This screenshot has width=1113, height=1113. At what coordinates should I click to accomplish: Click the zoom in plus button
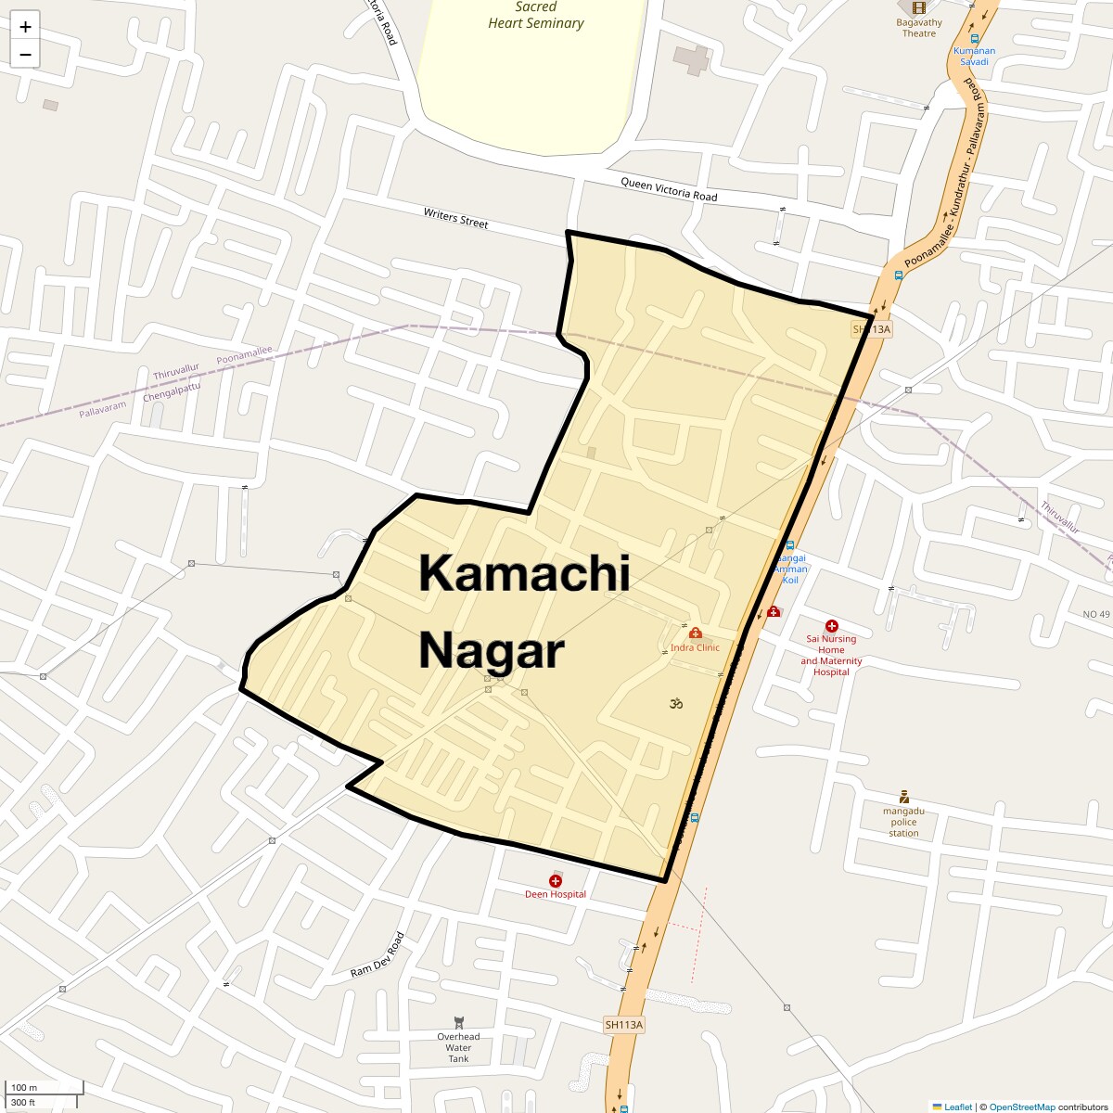[25, 26]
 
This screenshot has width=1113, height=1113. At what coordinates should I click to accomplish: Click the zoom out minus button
[25, 54]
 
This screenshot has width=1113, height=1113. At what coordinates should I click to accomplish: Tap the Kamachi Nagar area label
[524, 611]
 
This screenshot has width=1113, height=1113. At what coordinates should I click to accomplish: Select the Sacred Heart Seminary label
[536, 15]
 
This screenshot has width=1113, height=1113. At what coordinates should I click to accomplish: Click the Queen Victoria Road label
[669, 189]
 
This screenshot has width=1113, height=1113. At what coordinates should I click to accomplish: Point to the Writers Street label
[455, 218]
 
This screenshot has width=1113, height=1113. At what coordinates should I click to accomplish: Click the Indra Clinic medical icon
[695, 633]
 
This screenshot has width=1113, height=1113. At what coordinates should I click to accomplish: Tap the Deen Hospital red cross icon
[556, 880]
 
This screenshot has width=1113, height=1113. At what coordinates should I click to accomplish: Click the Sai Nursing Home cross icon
[831, 626]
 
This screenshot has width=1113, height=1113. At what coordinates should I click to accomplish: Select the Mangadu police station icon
[903, 797]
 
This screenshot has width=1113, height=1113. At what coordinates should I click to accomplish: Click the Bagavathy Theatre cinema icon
[918, 8]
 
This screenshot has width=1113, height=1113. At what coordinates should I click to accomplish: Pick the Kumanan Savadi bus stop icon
[974, 39]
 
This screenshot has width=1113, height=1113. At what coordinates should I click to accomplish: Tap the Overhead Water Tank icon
[458, 1022]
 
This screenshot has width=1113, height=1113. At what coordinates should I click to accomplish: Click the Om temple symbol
[676, 704]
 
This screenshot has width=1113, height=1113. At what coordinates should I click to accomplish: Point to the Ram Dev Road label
[377, 955]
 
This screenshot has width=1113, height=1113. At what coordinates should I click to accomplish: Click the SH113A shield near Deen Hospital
[623, 1025]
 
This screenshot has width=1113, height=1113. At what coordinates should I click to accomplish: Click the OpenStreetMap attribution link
[1021, 1107]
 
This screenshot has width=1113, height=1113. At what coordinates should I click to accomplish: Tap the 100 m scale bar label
[24, 1087]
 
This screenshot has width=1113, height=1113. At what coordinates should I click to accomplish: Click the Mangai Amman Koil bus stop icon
[789, 545]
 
